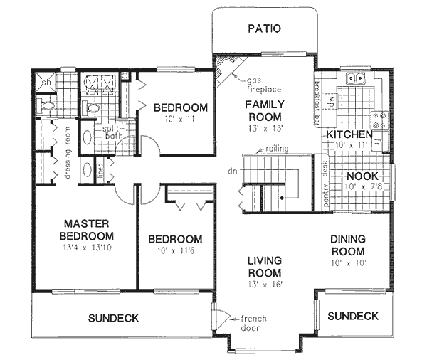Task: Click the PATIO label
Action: coord(265,29)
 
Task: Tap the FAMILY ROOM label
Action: coord(263,110)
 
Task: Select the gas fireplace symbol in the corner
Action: coord(226,70)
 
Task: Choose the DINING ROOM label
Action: coord(348,246)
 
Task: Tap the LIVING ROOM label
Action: coord(264,267)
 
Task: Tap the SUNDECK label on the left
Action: coord(114,317)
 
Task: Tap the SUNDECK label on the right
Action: coord(354,316)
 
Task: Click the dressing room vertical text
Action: coord(65,152)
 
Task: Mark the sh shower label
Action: coord(44,83)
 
